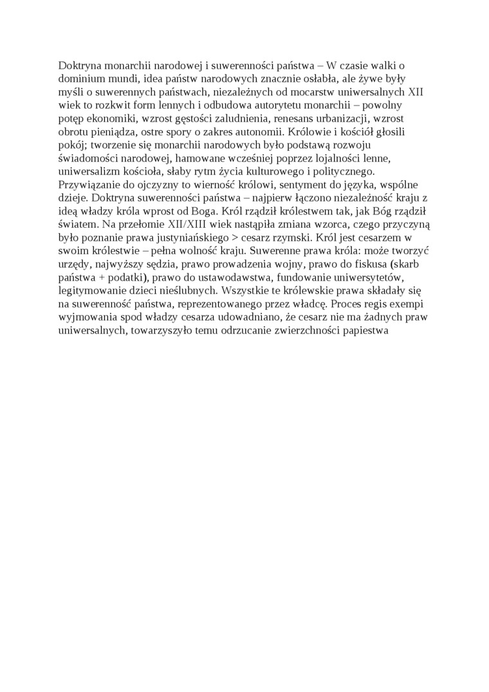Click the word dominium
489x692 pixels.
click(x=80, y=79)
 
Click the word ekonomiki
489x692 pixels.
click(x=113, y=118)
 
